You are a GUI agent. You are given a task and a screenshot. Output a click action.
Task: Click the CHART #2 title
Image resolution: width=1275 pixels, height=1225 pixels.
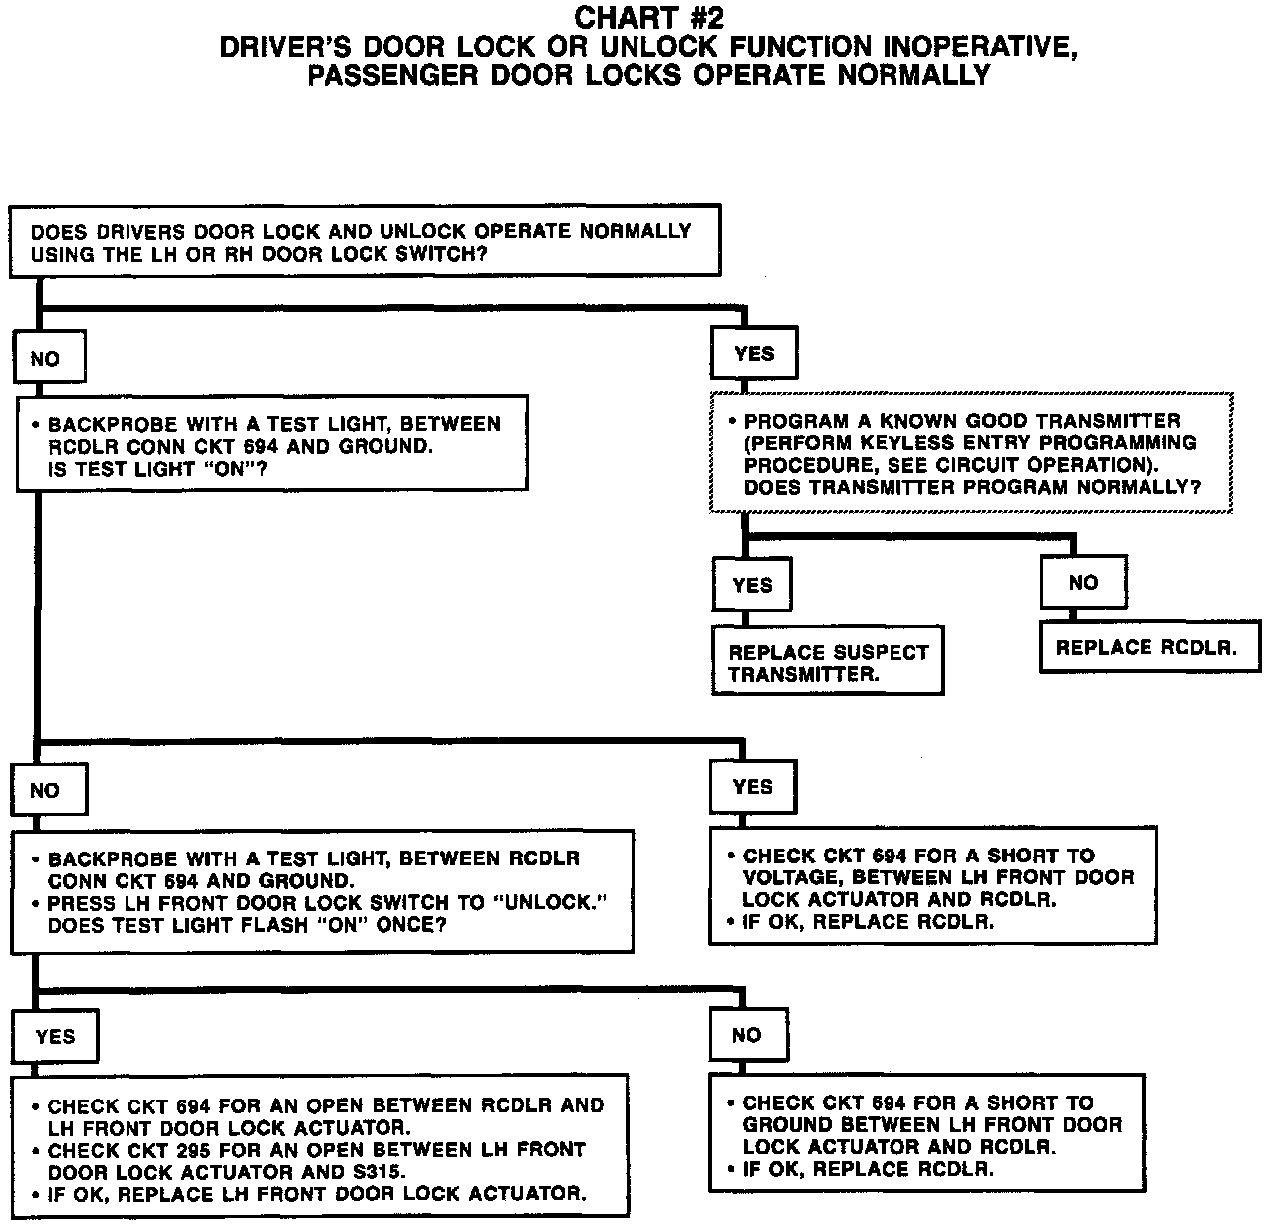[x=648, y=18]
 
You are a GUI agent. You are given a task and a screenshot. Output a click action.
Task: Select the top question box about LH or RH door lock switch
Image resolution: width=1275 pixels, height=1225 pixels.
[x=365, y=241]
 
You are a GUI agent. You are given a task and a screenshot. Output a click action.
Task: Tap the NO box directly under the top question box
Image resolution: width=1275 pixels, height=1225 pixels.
[x=48, y=359]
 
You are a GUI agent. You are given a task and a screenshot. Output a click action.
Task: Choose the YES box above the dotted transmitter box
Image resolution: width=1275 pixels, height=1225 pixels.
[x=754, y=354]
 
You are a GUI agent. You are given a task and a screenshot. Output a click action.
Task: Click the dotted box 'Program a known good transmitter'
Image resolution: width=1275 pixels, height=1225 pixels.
[x=971, y=453]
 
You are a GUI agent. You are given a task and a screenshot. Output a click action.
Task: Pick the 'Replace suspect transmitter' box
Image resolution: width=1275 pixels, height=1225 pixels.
[x=828, y=662]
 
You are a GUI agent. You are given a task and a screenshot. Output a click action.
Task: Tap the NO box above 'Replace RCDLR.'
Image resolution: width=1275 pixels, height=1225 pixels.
[x=1083, y=583]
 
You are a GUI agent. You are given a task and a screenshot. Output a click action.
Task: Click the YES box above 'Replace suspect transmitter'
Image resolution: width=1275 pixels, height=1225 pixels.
[x=752, y=585]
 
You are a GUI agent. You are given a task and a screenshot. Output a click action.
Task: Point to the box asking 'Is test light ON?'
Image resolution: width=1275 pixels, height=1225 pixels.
[x=271, y=445]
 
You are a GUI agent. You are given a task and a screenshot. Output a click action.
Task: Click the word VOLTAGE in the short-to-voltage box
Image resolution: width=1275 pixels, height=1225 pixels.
[x=791, y=878]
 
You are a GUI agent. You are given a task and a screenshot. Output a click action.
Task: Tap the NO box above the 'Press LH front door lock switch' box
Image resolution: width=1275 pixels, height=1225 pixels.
[x=47, y=791]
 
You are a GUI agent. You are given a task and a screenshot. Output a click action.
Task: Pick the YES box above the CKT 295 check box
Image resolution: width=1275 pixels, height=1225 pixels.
[x=55, y=1036]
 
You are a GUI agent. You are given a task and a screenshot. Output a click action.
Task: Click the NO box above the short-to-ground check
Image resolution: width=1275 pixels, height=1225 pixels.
[x=747, y=1035]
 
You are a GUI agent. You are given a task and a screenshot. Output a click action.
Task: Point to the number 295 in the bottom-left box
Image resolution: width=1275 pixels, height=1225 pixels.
[x=195, y=1150]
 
